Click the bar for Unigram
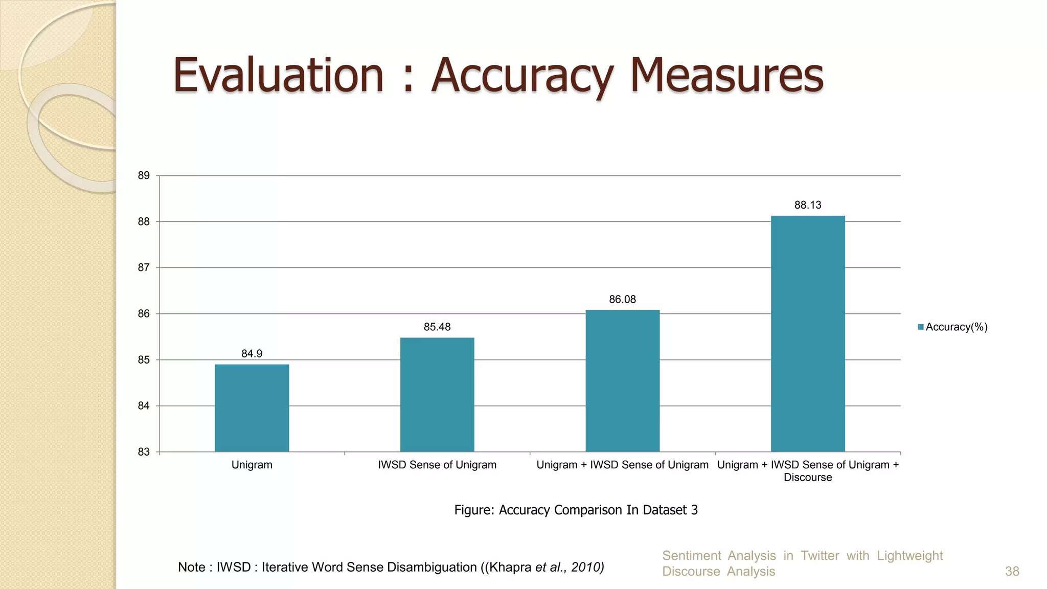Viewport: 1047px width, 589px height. pos(252,408)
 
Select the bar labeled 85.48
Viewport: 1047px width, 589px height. pos(437,394)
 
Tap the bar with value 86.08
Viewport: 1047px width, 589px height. pos(622,381)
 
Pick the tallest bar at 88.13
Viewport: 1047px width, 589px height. pos(808,334)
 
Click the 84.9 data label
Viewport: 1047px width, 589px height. pos(252,354)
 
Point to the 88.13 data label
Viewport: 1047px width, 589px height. pos(808,205)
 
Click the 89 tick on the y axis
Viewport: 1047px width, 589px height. pos(144,176)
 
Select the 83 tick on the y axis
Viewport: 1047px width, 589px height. pos(144,452)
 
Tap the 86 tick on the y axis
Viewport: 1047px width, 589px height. pos(144,314)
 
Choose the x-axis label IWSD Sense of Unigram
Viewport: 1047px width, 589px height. pos(437,465)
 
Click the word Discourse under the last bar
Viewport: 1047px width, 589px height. pos(808,478)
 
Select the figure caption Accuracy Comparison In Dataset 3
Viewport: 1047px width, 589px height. pos(576,510)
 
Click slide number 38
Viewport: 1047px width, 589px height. pos(1012,571)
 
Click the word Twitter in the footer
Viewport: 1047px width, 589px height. pos(820,555)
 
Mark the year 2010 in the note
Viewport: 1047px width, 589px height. pos(587,567)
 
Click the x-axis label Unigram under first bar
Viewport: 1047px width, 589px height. pos(252,465)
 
